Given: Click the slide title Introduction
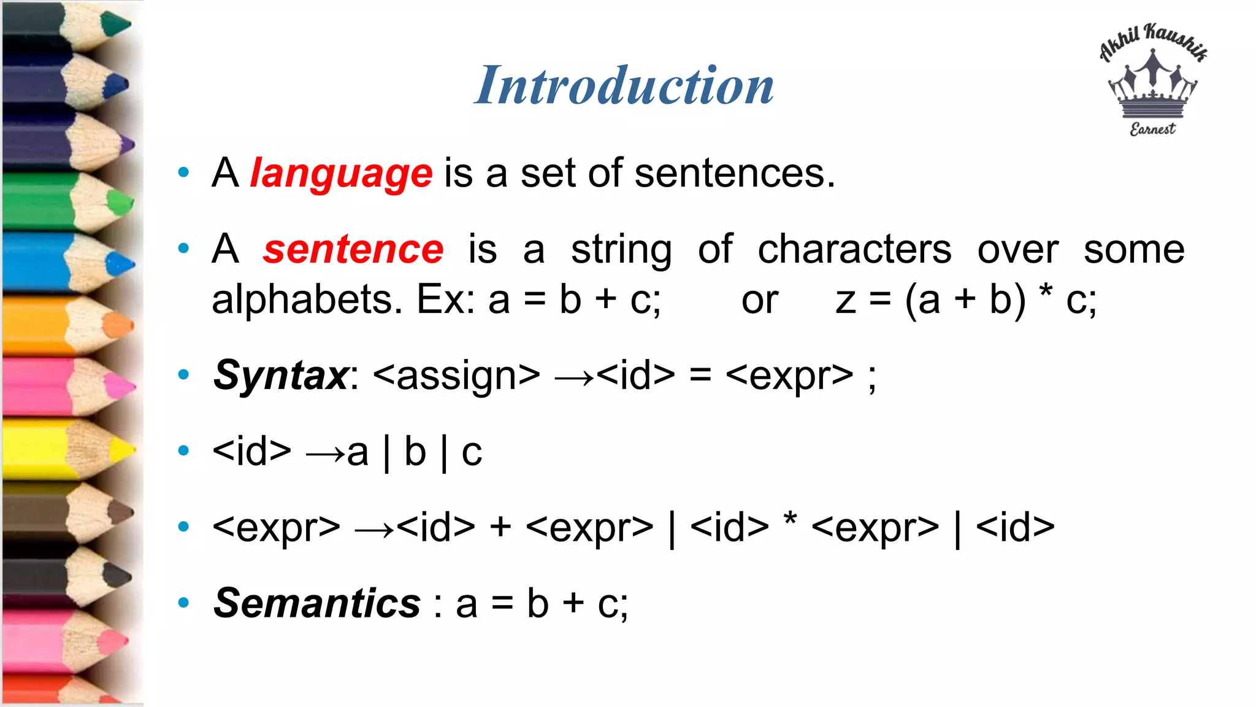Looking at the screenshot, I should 624,85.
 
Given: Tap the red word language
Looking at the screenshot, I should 341,174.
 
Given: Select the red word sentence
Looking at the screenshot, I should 353,250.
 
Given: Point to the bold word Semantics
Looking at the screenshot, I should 316,603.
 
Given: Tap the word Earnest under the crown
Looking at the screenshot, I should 1152,129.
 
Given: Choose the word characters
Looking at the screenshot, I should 854,250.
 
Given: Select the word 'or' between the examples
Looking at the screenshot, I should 760,301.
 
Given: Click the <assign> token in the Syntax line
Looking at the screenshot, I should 456,376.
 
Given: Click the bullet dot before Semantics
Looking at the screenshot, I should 183,603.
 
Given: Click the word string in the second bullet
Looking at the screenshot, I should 621,250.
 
